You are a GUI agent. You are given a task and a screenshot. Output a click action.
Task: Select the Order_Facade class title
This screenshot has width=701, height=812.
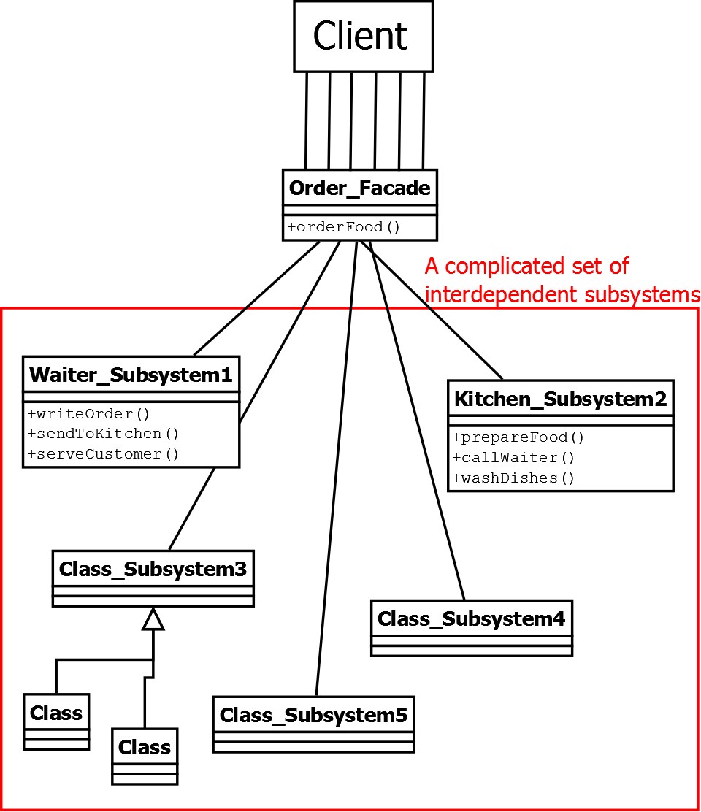tap(359, 188)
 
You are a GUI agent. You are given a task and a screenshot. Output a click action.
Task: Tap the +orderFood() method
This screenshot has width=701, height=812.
tap(344, 227)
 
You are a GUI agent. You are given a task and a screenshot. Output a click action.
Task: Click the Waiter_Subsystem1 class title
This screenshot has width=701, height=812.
tap(131, 375)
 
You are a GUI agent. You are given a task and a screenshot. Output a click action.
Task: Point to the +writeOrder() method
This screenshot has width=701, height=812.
tap(88, 414)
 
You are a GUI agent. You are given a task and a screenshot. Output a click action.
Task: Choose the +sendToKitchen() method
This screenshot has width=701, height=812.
tap(103, 434)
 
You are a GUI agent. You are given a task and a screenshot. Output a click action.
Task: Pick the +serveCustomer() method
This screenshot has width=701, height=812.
tap(103, 454)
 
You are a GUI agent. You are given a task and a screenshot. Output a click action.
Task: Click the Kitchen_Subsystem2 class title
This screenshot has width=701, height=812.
tap(560, 399)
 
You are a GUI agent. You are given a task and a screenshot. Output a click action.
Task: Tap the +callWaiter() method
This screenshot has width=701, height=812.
tap(513, 458)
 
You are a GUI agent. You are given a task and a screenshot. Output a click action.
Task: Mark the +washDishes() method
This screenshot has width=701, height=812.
tap(513, 478)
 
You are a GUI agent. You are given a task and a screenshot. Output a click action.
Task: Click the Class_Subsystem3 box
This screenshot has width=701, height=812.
tap(153, 569)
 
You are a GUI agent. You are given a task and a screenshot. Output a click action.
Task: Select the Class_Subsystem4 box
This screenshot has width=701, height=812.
tap(471, 619)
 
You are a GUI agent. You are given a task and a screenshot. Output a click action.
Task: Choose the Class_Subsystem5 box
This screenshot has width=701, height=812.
tap(313, 715)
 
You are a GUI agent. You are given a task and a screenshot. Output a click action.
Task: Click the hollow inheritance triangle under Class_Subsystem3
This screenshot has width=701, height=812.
tap(153, 620)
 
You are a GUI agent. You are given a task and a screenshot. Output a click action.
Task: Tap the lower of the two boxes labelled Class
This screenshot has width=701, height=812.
tap(145, 748)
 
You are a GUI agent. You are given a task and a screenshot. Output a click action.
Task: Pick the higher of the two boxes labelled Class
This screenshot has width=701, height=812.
tap(56, 713)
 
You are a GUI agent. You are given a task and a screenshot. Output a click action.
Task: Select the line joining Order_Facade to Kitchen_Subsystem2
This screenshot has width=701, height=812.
tap(438, 307)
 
